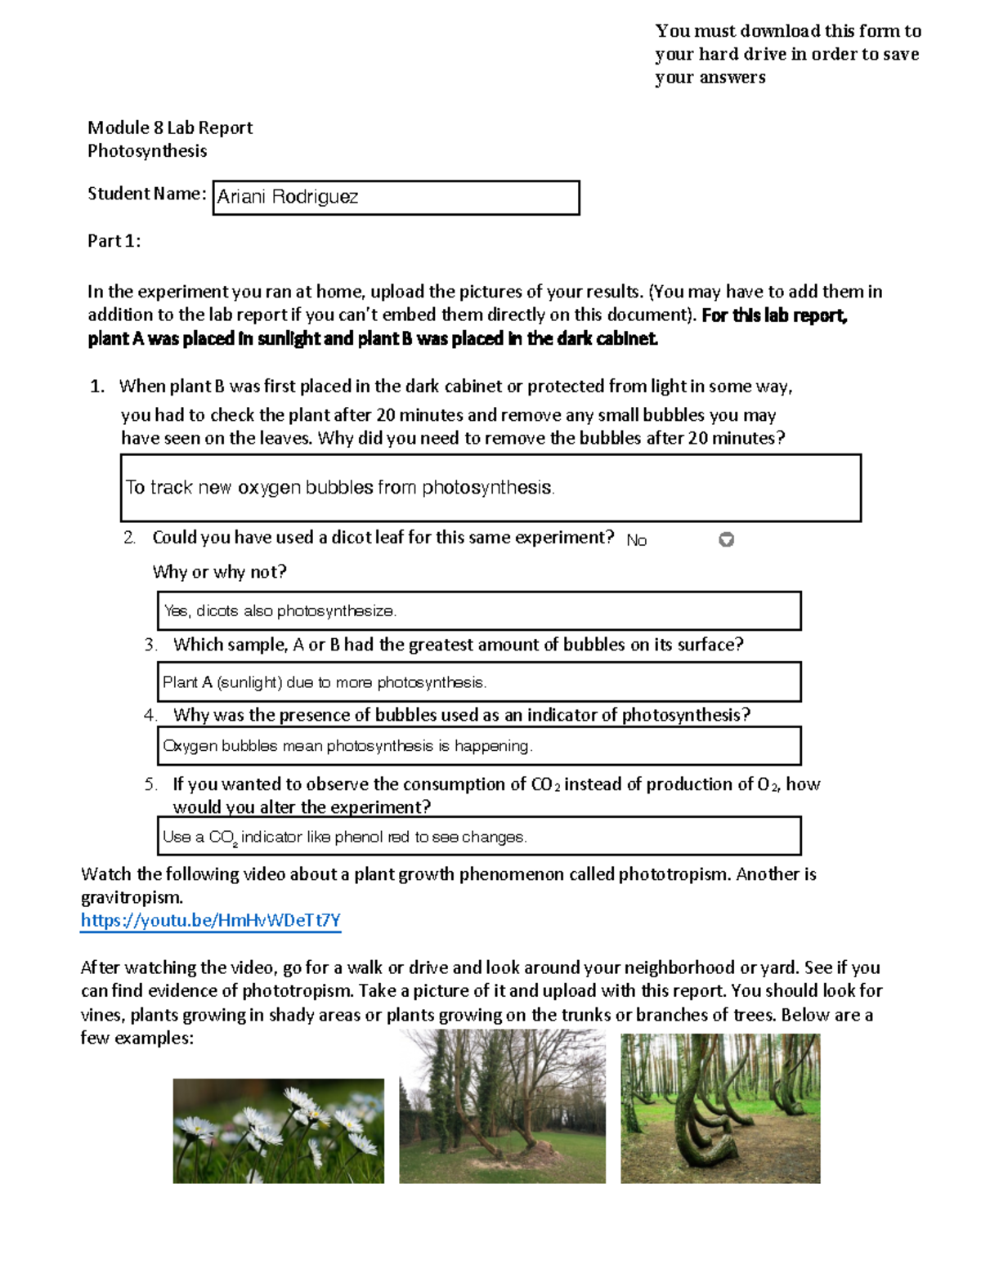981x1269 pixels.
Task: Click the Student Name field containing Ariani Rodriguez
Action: coord(396,198)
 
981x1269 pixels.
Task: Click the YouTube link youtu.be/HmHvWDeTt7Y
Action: coord(210,921)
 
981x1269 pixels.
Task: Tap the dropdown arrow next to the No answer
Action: coord(726,539)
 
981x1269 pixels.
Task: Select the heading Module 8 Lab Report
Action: coord(170,127)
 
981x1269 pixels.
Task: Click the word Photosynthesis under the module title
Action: coord(147,151)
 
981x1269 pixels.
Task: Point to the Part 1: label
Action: coord(114,241)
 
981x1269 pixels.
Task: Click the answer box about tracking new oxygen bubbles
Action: coord(490,488)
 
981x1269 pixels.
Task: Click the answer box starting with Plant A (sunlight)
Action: coord(478,681)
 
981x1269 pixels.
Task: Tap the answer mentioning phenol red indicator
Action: coord(478,836)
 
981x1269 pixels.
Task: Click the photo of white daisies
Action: coord(278,1131)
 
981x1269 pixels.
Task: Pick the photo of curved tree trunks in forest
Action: coord(720,1108)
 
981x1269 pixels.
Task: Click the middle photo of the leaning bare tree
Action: coord(502,1106)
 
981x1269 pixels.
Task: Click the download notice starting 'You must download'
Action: coord(787,54)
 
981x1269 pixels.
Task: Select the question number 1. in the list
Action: coord(97,387)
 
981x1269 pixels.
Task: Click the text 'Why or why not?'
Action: coord(219,572)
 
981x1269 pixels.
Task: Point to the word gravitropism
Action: coord(131,897)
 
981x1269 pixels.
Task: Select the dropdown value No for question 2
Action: coord(636,540)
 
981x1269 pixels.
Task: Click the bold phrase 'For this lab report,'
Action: coord(774,315)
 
